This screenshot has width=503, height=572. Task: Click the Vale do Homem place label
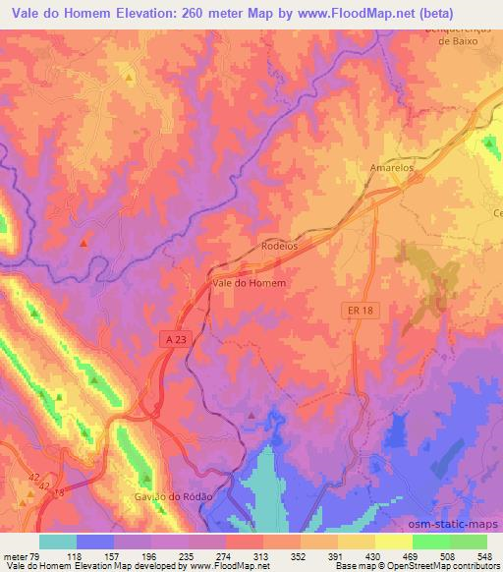pyautogui.click(x=249, y=283)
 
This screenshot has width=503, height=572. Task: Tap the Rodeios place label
pyautogui.click(x=280, y=246)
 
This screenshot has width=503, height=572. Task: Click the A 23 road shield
pyautogui.click(x=173, y=338)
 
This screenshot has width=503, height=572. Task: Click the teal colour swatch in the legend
pyautogui.click(x=58, y=542)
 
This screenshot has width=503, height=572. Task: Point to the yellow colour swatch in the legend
pyautogui.click(x=393, y=542)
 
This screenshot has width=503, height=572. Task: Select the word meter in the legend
pyautogui.click(x=16, y=555)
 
